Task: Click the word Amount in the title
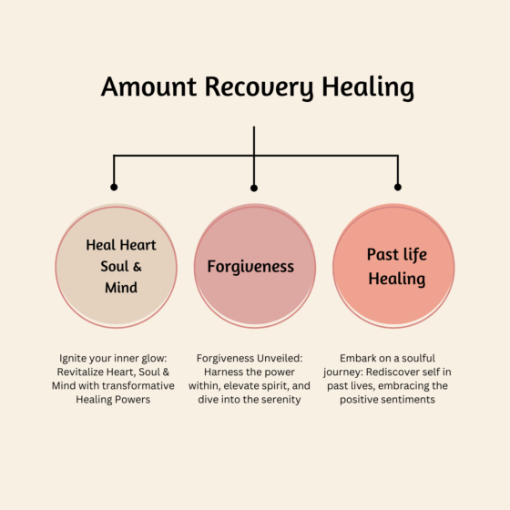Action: (141, 87)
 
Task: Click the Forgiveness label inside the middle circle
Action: (250, 267)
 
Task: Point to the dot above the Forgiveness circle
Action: (254, 188)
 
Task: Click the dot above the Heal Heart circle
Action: (114, 188)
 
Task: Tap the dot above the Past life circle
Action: (397, 188)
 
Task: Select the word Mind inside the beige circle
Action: (120, 288)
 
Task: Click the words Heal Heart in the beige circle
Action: (121, 245)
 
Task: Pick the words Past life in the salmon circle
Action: (397, 254)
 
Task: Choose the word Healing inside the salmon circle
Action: (397, 278)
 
